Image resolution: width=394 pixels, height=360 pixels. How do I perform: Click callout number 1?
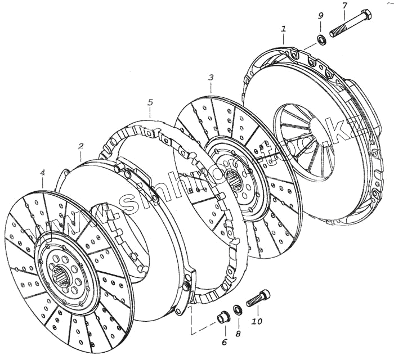(284, 28)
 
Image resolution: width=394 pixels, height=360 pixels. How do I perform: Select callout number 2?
(80, 146)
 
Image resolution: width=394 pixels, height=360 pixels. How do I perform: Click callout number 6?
(223, 341)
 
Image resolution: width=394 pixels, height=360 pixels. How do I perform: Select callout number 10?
(257, 322)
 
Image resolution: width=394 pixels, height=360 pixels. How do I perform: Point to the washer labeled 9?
(321, 40)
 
